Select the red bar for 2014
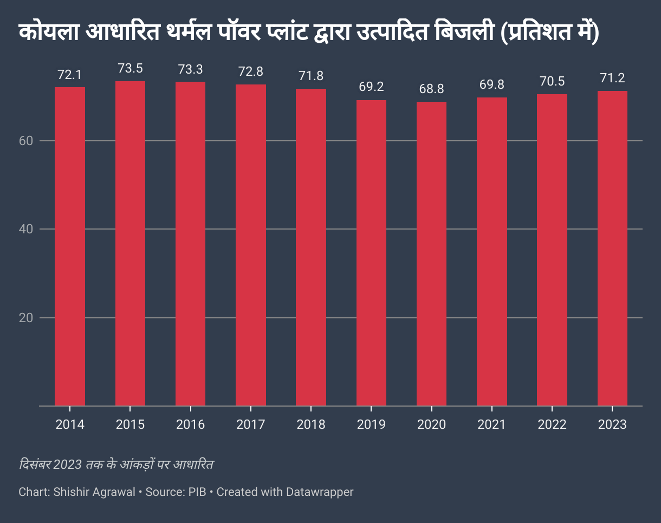click(x=70, y=246)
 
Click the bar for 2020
click(x=431, y=253)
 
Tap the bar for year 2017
click(x=251, y=245)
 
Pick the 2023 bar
click(x=612, y=248)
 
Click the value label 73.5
click(x=130, y=69)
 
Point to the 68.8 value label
click(x=431, y=89)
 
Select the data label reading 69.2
click(x=371, y=87)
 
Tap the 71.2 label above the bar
click(x=612, y=79)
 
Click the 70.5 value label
click(x=552, y=82)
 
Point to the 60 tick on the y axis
click(x=27, y=141)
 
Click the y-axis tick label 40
click(x=27, y=229)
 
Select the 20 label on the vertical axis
click(x=27, y=317)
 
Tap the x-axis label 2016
click(x=190, y=424)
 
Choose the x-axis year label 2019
click(x=371, y=424)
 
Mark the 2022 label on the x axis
click(x=552, y=424)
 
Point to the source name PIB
click(x=197, y=492)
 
